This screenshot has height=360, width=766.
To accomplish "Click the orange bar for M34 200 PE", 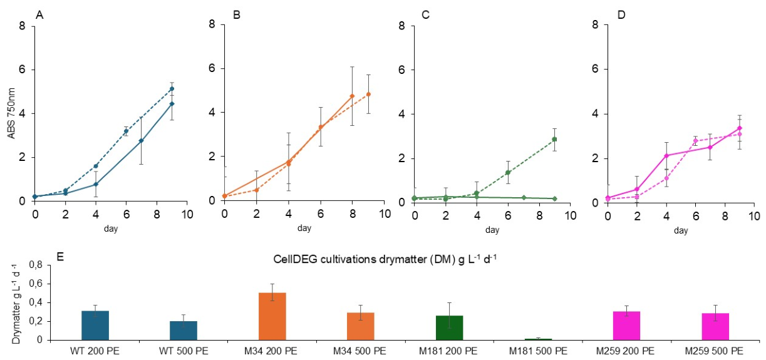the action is pyautogui.click(x=272, y=316).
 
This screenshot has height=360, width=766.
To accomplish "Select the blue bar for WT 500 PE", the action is pyautogui.click(x=184, y=331).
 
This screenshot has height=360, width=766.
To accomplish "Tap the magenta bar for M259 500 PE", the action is pyautogui.click(x=715, y=326).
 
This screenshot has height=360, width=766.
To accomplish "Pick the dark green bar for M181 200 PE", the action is pyautogui.click(x=449, y=328).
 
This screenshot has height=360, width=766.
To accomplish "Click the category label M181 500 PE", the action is pyautogui.click(x=538, y=351).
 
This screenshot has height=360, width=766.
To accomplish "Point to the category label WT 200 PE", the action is pyautogui.click(x=95, y=351).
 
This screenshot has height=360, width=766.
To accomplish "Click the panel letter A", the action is pyautogui.click(x=39, y=16).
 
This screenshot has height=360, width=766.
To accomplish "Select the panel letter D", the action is pyautogui.click(x=621, y=16).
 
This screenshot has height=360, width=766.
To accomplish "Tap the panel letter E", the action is pyautogui.click(x=60, y=257).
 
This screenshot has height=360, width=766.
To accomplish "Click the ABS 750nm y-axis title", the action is pyautogui.click(x=12, y=113).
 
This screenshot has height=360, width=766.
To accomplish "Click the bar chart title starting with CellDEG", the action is pyautogui.click(x=385, y=259).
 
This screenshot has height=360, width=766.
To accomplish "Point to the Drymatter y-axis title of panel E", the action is pyautogui.click(x=16, y=304).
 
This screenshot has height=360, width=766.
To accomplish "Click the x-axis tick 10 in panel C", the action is pyautogui.click(x=569, y=215).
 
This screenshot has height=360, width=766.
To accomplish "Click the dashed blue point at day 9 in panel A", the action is pyautogui.click(x=172, y=89).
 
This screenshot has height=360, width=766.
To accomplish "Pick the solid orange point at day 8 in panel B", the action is pyautogui.click(x=352, y=96).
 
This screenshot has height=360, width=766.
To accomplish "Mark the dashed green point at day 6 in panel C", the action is pyautogui.click(x=508, y=172).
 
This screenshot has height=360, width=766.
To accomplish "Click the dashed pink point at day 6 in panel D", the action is pyautogui.click(x=696, y=140).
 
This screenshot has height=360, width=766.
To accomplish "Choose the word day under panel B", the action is pyautogui.click(x=304, y=228).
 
